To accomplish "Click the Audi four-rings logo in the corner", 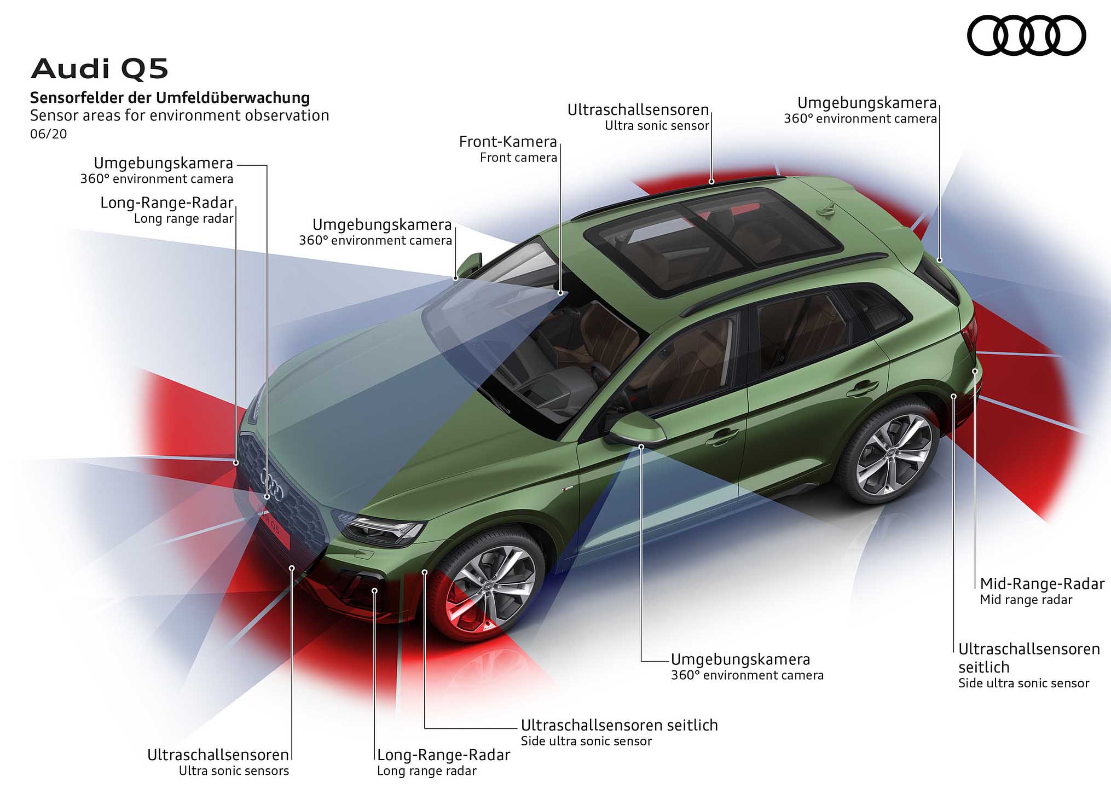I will point(1026,36).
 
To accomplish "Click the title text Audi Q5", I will point(100,69).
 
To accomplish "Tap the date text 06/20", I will point(49,134).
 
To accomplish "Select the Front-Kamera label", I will point(508,142).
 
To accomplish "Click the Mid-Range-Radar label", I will point(1042,584).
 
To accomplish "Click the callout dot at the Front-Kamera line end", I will point(561,293).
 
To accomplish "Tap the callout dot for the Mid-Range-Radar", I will point(975,371).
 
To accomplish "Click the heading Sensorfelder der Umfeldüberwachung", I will point(170,98).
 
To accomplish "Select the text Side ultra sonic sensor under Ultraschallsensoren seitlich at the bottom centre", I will point(586,741).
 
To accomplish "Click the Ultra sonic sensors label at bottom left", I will point(234,771).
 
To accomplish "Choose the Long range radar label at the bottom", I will point(427,771).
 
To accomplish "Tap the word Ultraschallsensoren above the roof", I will point(638,110).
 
